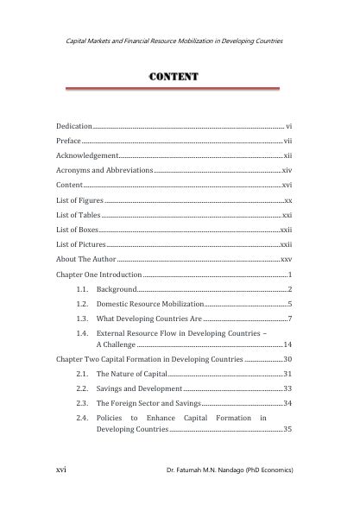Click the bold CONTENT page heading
[175, 78]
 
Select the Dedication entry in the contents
[74, 126]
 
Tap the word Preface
[68, 141]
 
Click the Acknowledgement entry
[87, 156]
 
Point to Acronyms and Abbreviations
[104, 171]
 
